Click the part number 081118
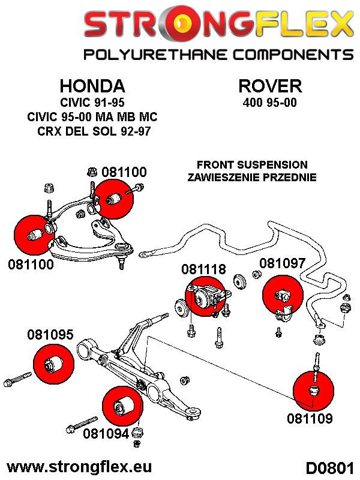click(x=205, y=270)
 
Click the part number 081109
click(x=309, y=418)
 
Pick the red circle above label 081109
click(x=313, y=389)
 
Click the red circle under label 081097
click(x=283, y=295)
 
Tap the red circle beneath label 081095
click(x=52, y=362)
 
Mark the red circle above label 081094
click(x=123, y=406)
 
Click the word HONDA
click(x=92, y=85)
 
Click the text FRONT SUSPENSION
click(x=252, y=164)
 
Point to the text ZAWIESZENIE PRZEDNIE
click(x=252, y=177)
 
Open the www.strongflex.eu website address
click(x=78, y=466)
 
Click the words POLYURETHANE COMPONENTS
click(x=217, y=55)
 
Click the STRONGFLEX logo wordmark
click(x=217, y=25)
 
